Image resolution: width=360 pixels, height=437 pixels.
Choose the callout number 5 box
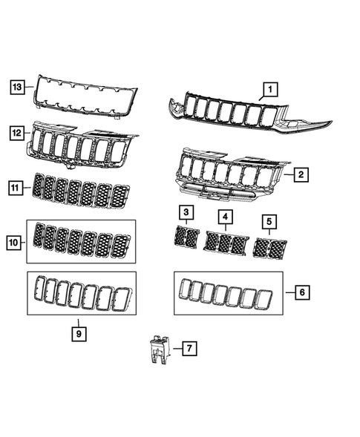coord(269,220)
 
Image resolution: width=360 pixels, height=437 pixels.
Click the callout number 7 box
coord(189,346)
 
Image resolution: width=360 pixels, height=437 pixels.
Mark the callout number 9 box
coord(79,333)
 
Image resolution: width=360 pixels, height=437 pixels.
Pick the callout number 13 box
coord(17,88)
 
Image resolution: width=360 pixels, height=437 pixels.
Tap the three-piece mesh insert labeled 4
coord(226,243)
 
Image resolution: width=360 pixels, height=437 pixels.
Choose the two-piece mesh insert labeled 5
coord(270,248)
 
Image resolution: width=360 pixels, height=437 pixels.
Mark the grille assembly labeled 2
coord(226,176)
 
